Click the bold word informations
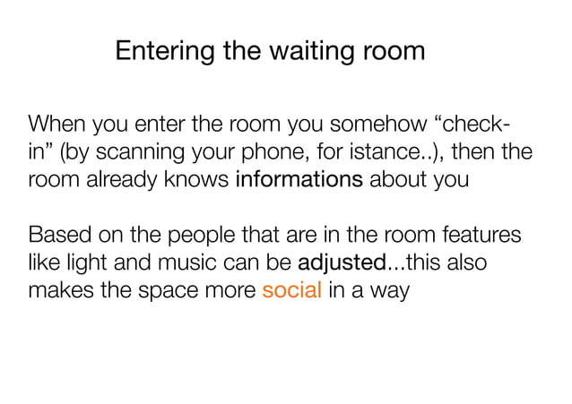pyautogui.click(x=299, y=178)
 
